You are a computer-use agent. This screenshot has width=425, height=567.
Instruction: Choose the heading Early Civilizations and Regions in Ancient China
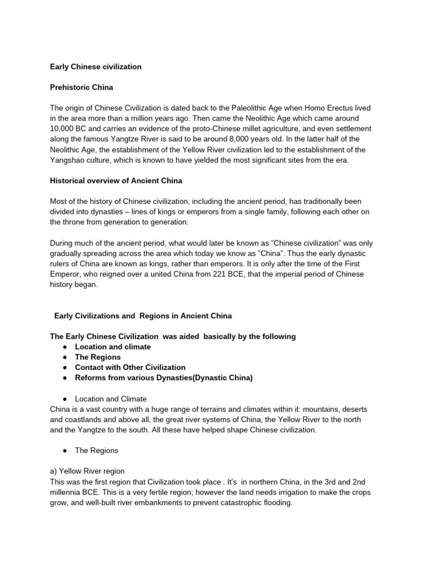tap(143, 316)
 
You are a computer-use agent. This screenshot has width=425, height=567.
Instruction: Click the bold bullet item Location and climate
tap(113, 347)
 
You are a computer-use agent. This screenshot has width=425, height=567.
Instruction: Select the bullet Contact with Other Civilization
tap(130, 367)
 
